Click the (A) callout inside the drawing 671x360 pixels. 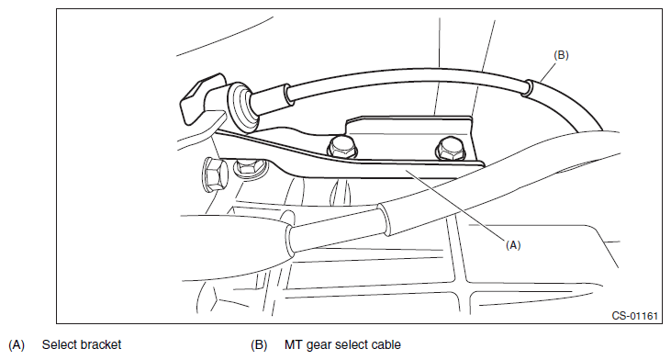point(513,245)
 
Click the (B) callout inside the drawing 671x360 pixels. point(561,55)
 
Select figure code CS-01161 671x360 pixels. point(634,316)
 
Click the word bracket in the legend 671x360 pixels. point(100,344)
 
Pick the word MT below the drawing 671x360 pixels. point(293,344)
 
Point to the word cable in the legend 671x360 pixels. point(386,344)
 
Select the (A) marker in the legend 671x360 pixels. point(17,345)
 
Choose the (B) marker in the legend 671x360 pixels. point(259,345)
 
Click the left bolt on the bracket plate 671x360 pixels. point(342,148)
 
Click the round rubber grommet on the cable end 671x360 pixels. point(240,107)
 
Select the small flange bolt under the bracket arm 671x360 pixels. point(249,167)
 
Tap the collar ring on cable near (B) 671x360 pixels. point(528,88)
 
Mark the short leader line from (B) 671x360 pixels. point(549,71)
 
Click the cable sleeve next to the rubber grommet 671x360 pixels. point(271,100)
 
